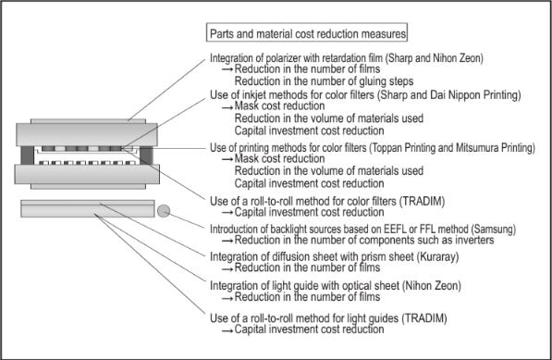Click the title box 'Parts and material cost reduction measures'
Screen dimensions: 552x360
point(307,32)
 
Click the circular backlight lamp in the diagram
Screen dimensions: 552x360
point(164,211)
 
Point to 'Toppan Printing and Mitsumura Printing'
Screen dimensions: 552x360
point(452,148)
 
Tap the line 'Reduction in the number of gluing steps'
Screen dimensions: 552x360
point(324,81)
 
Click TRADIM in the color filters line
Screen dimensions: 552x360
point(422,201)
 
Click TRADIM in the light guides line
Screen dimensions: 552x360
point(423,318)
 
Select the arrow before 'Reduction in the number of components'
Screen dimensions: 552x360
point(227,241)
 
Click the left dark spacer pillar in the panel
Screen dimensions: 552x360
point(27,155)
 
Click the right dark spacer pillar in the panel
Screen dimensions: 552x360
point(146,155)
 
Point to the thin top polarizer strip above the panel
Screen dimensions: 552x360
point(88,121)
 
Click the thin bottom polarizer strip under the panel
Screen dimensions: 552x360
point(88,186)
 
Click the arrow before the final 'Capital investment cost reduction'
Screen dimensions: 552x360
point(227,330)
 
